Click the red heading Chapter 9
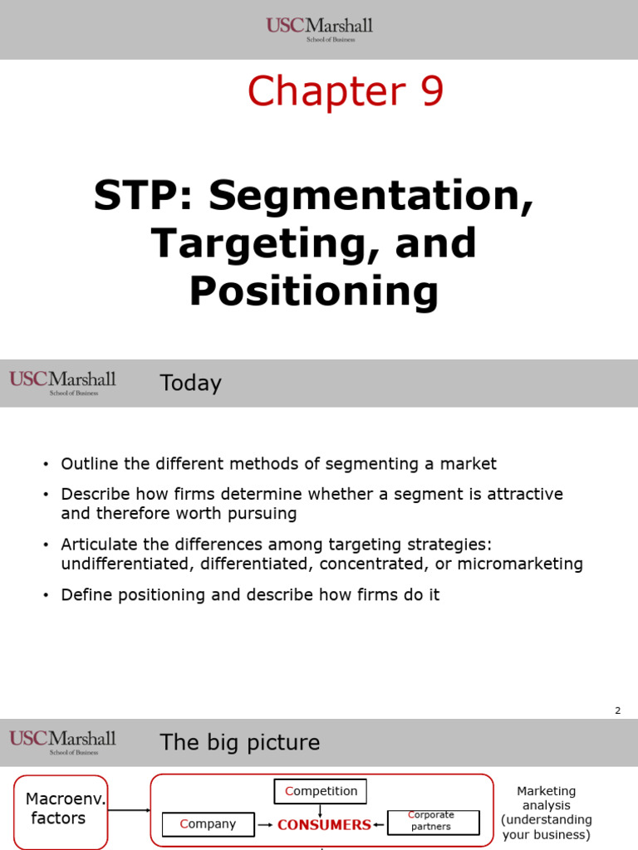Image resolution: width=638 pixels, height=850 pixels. [346, 91]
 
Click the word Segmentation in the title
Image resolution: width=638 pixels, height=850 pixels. [371, 196]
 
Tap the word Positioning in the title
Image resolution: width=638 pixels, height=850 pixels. [314, 291]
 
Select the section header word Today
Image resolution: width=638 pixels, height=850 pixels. [190, 383]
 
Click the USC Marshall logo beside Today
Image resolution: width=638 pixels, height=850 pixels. [63, 383]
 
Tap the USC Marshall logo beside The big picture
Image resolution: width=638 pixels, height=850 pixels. [63, 741]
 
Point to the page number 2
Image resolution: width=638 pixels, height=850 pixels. [617, 711]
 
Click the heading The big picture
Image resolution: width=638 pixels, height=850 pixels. [239, 742]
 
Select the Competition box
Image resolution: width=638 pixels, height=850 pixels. [321, 791]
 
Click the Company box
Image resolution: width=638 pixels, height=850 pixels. [208, 824]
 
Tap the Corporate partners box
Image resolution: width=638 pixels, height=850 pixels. [433, 822]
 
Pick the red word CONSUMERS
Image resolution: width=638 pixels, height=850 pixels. [324, 825]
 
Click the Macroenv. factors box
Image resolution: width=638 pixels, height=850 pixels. [61, 808]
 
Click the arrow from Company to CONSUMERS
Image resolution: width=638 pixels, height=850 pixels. [266, 825]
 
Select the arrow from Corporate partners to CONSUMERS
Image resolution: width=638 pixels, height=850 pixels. [380, 825]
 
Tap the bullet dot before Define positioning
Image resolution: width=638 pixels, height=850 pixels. [47, 596]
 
